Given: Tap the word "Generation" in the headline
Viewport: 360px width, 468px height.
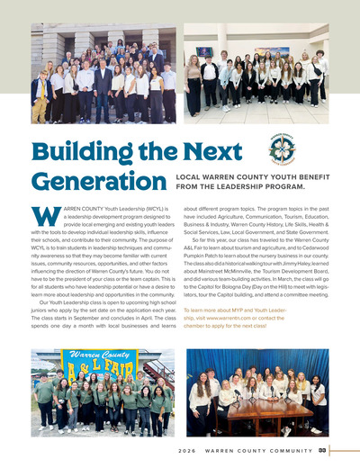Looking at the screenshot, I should pos(90,181).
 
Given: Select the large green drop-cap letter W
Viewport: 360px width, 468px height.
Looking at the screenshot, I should pos(42,219).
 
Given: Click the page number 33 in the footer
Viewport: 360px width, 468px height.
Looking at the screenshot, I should pos(322,449).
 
